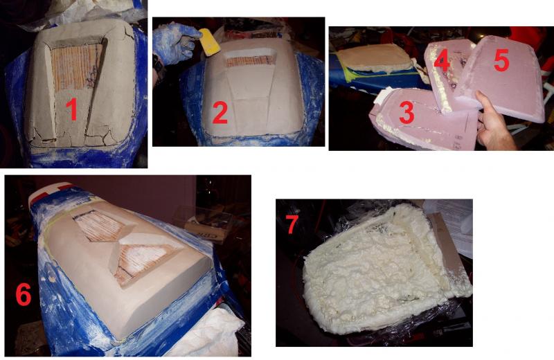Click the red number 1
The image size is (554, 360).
click(72, 109)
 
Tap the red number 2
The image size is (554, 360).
click(220, 111)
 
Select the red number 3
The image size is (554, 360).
click(406, 112)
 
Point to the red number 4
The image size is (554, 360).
click(442, 61)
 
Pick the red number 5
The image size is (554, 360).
click(501, 60)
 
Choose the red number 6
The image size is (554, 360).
click(24, 294)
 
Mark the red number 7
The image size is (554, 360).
click(292, 224)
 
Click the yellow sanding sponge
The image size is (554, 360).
click(209, 42)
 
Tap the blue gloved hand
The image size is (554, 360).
click(173, 43)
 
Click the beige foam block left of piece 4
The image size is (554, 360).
click(373, 58)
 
